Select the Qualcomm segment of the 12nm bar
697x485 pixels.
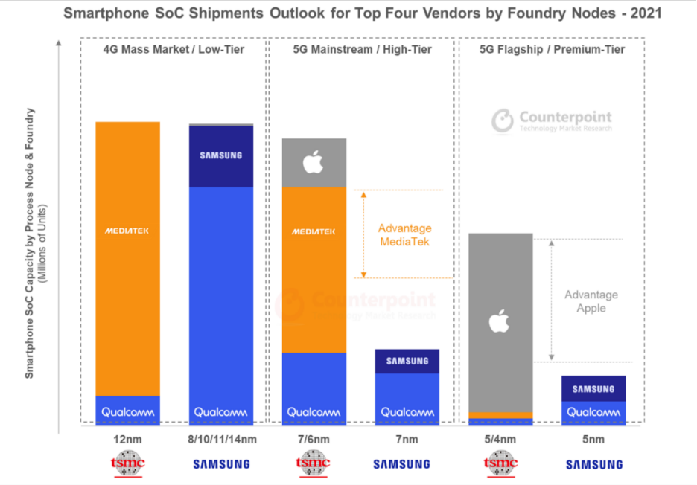[127, 411]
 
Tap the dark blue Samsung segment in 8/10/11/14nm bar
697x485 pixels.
[221, 156]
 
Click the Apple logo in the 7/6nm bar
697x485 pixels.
[314, 161]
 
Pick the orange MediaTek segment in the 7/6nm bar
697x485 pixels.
[314, 268]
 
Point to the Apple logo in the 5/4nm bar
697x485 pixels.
[500, 322]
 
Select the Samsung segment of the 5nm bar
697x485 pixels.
[593, 389]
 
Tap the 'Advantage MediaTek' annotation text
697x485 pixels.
[404, 235]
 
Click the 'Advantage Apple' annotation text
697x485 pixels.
[591, 301]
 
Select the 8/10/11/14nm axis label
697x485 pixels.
[221, 440]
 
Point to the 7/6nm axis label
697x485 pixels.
[314, 440]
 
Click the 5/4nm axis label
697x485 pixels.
[500, 440]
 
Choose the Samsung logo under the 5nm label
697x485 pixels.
[593, 465]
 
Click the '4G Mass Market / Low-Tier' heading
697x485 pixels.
[174, 49]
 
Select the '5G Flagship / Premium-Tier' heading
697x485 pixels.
[550, 49]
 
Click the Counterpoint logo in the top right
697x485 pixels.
[552, 121]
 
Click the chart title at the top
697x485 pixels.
[362, 13]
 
